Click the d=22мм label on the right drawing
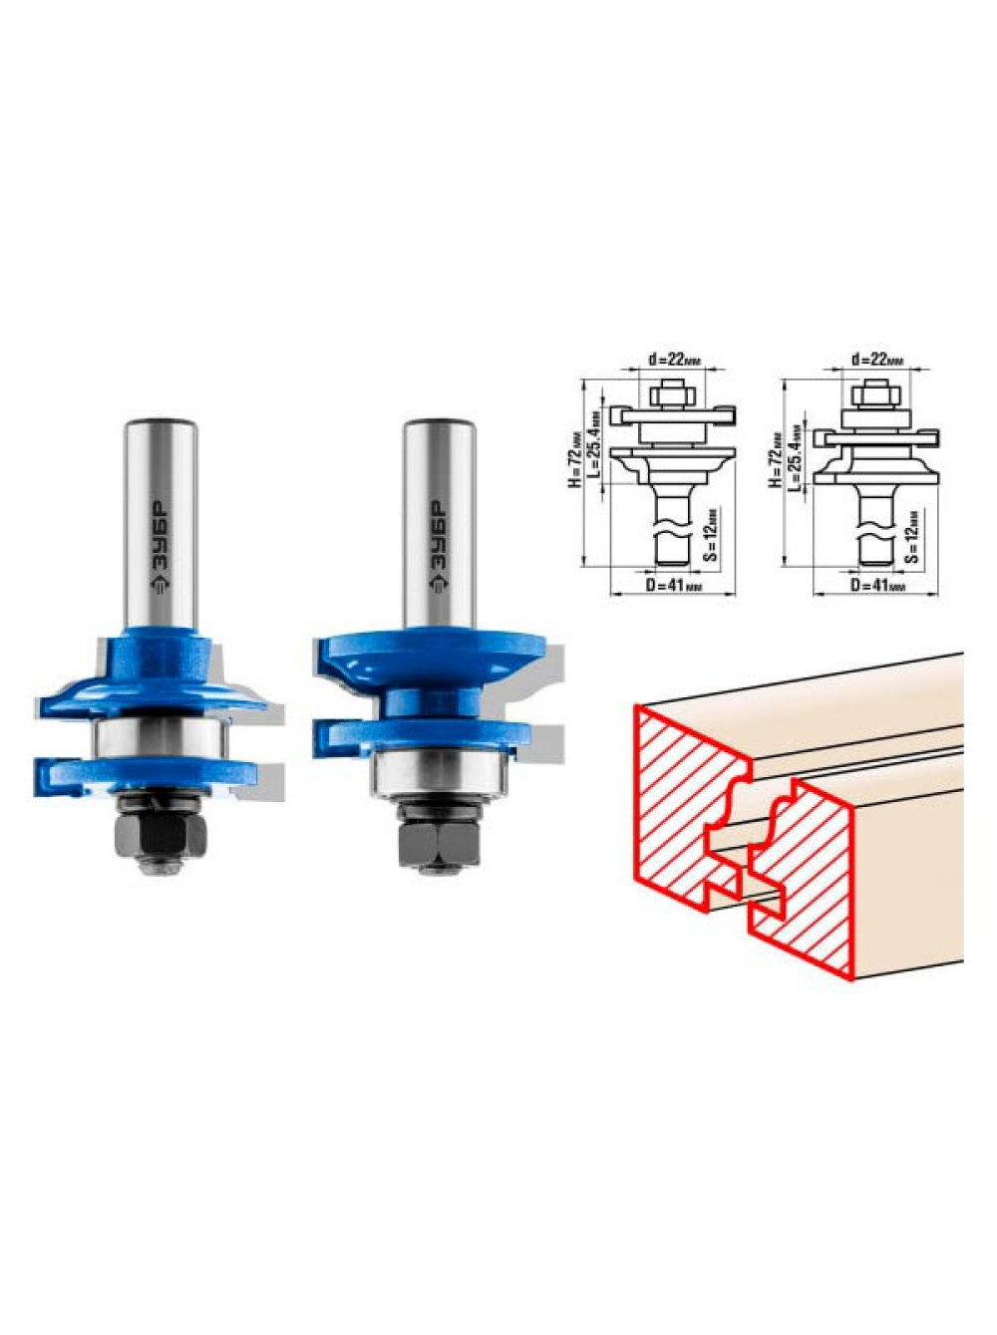(x=877, y=359)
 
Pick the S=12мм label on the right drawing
(x=914, y=534)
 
